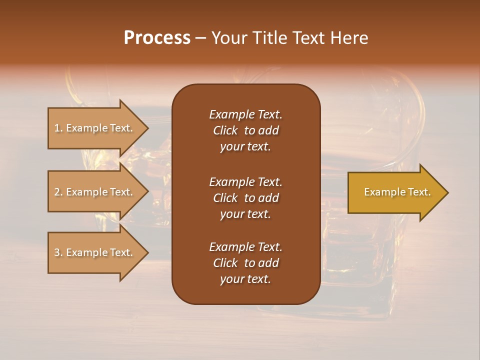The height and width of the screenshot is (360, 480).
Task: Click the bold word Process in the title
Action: (157, 38)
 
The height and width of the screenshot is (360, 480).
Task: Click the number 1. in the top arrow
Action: (58, 128)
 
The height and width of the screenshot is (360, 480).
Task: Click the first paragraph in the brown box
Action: (245, 130)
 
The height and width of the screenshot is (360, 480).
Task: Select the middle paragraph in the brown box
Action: (245, 198)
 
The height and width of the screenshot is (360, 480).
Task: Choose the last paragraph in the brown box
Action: (245, 263)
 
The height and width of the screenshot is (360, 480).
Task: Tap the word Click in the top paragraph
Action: (225, 130)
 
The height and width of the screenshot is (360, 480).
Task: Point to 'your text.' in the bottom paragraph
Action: (245, 279)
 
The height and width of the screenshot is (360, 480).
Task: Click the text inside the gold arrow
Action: (397, 192)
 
